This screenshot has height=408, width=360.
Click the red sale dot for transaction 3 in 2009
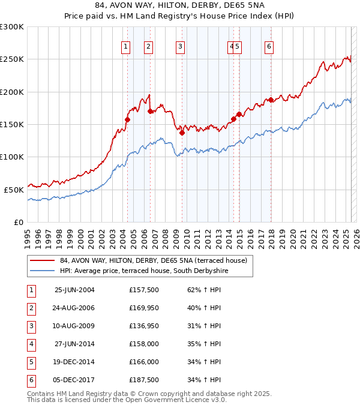[x=182, y=133]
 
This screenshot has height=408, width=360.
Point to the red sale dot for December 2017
[x=271, y=100]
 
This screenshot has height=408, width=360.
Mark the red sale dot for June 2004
[x=127, y=119]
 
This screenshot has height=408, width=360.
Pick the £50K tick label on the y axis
[x=14, y=190]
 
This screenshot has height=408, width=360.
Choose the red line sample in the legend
[x=43, y=261]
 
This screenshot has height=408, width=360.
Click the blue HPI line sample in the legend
[x=43, y=271]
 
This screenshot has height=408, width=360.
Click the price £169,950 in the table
[x=143, y=308]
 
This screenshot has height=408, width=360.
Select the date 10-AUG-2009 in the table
[x=74, y=326]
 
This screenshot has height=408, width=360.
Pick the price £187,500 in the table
[x=143, y=380]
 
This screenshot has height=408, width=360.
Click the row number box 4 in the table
[x=31, y=344]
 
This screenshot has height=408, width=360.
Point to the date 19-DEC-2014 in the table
[x=74, y=362]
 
